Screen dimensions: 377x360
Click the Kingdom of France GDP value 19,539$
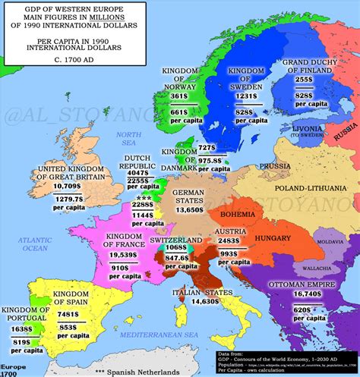tap(133, 254)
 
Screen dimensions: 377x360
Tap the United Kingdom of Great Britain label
tap(75, 173)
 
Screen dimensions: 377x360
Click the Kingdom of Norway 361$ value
tap(178, 97)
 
